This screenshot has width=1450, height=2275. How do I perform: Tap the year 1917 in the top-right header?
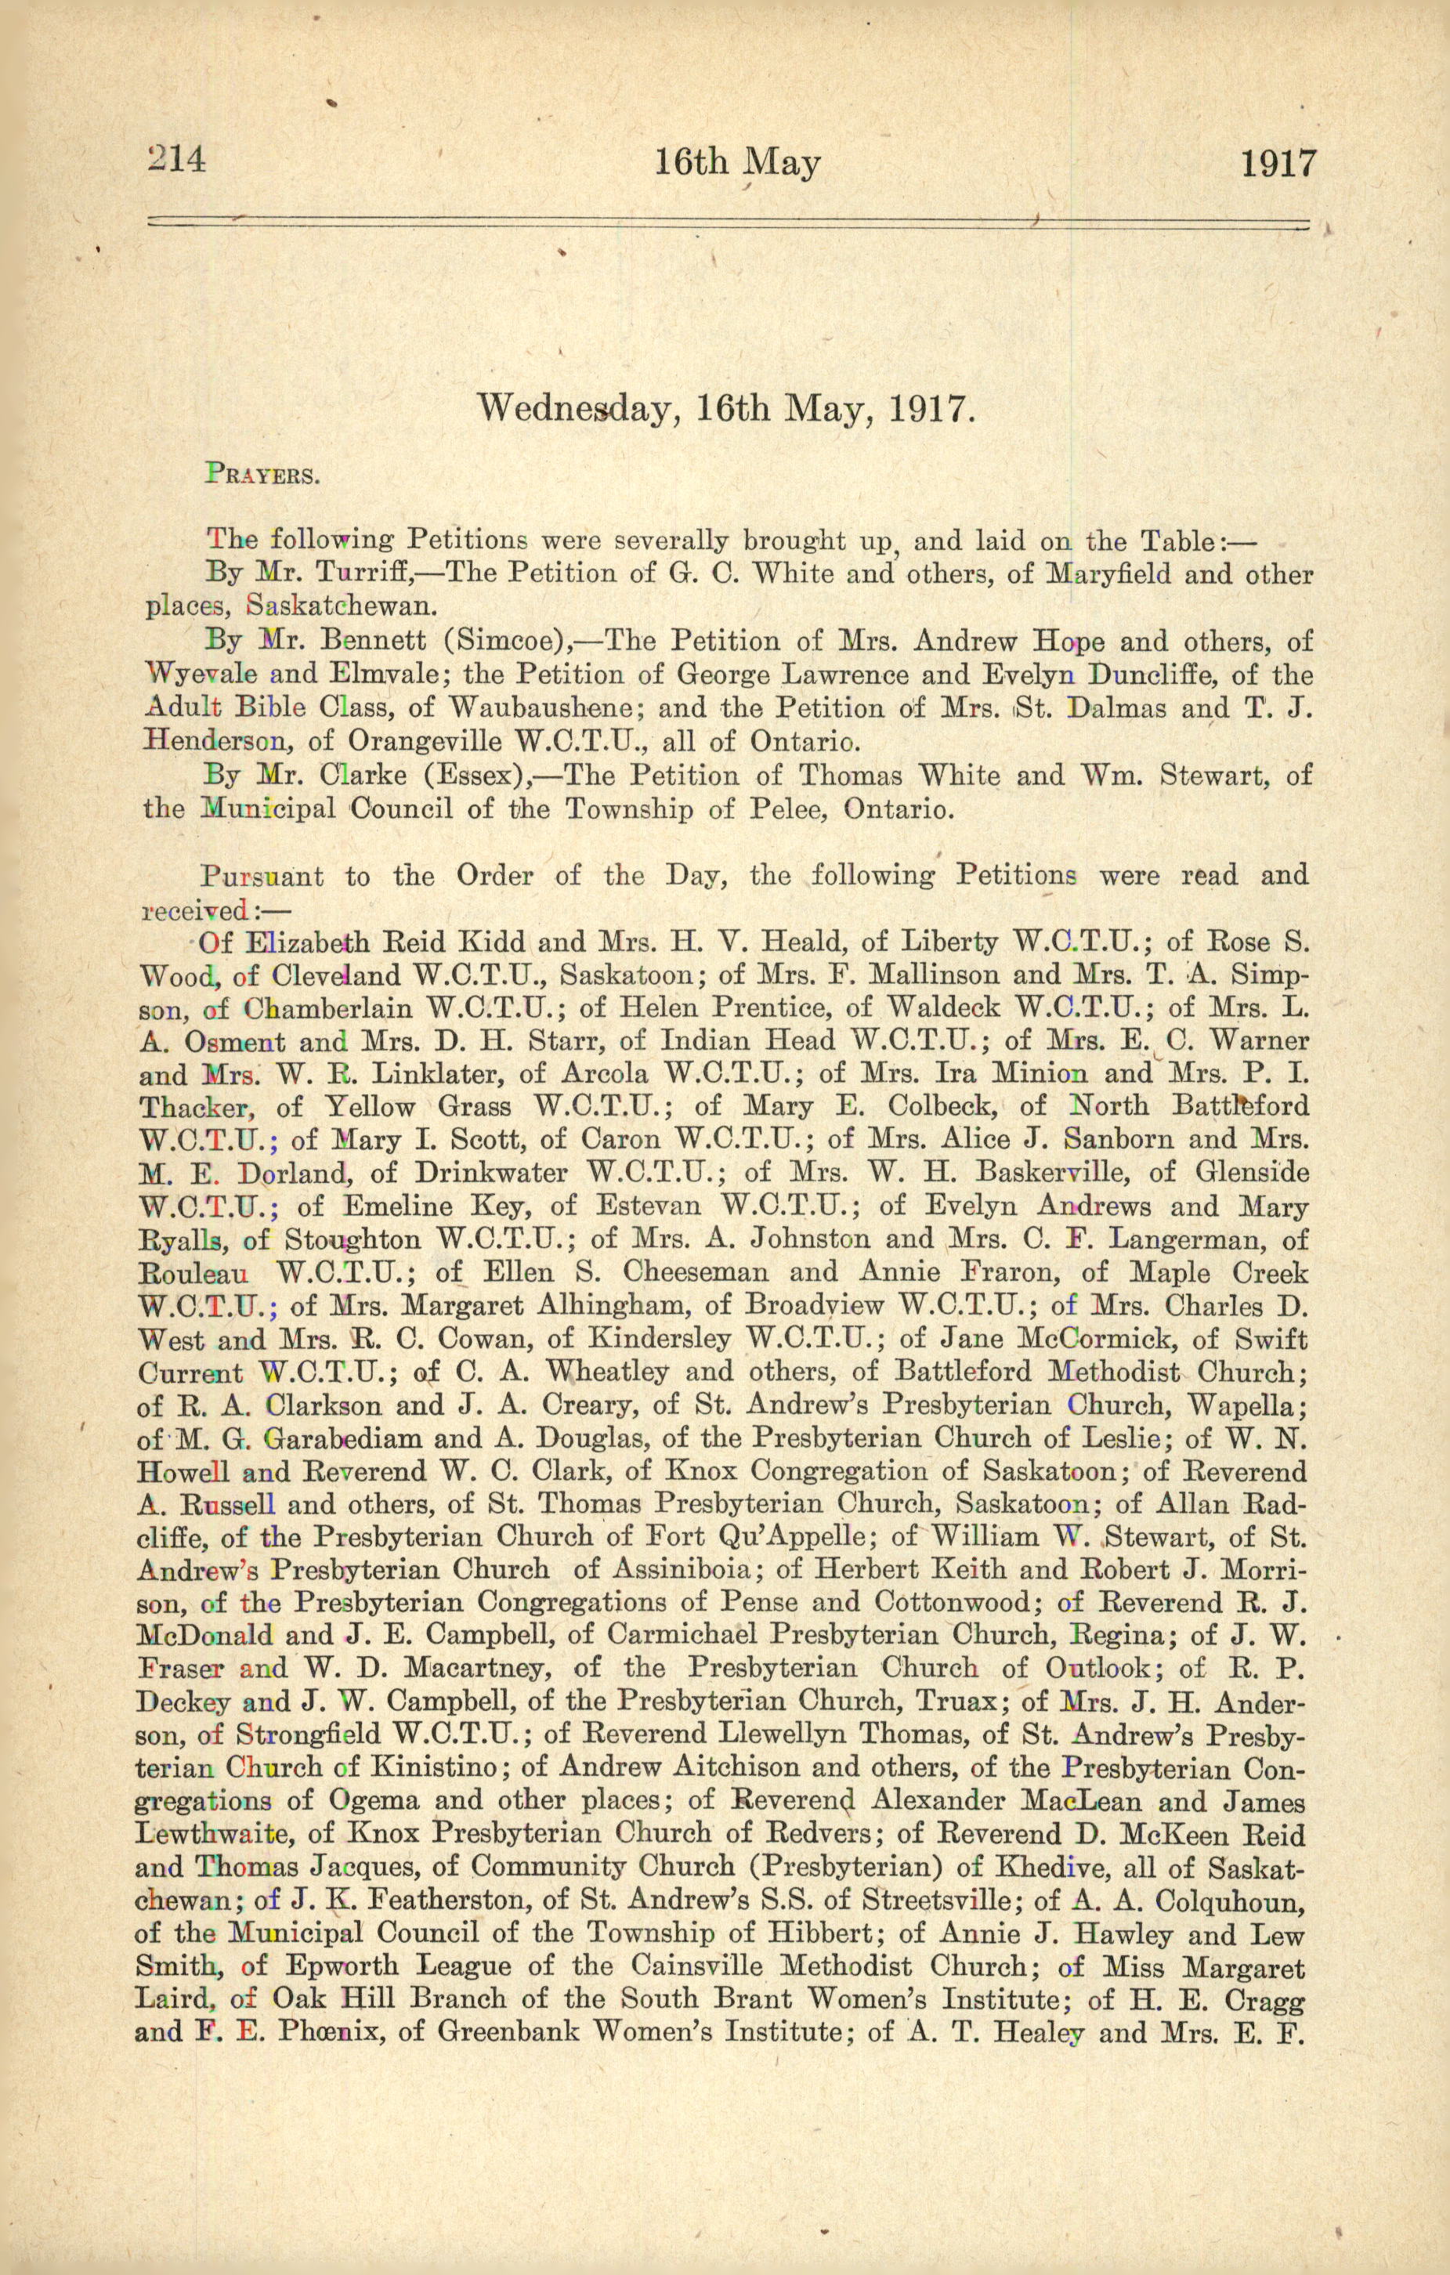pyautogui.click(x=1277, y=165)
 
